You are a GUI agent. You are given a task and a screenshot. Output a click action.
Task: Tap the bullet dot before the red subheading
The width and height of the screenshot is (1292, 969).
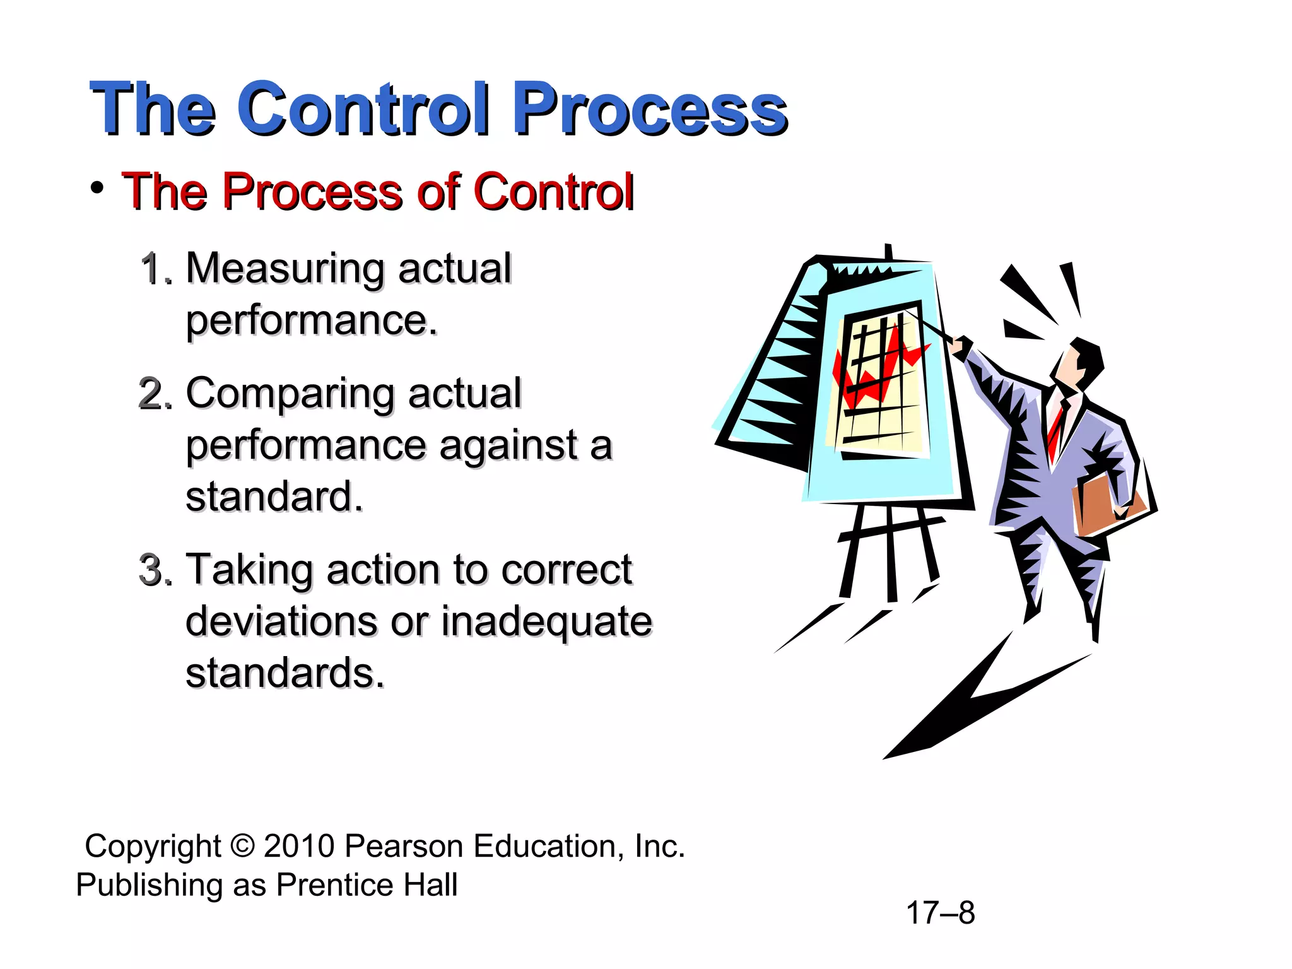click(97, 188)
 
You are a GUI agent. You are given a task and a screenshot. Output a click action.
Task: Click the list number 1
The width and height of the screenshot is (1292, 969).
click(153, 269)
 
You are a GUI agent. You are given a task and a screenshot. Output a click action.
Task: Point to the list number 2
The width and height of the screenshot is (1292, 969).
click(153, 394)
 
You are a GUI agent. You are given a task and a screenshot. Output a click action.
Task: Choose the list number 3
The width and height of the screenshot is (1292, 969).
click(153, 570)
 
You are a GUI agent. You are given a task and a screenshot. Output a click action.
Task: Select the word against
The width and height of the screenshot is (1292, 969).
click(508, 446)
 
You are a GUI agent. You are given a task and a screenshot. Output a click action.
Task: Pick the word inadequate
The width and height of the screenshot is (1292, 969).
click(546, 621)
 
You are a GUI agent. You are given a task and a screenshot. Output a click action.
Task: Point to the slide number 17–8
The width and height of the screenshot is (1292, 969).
click(940, 913)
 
